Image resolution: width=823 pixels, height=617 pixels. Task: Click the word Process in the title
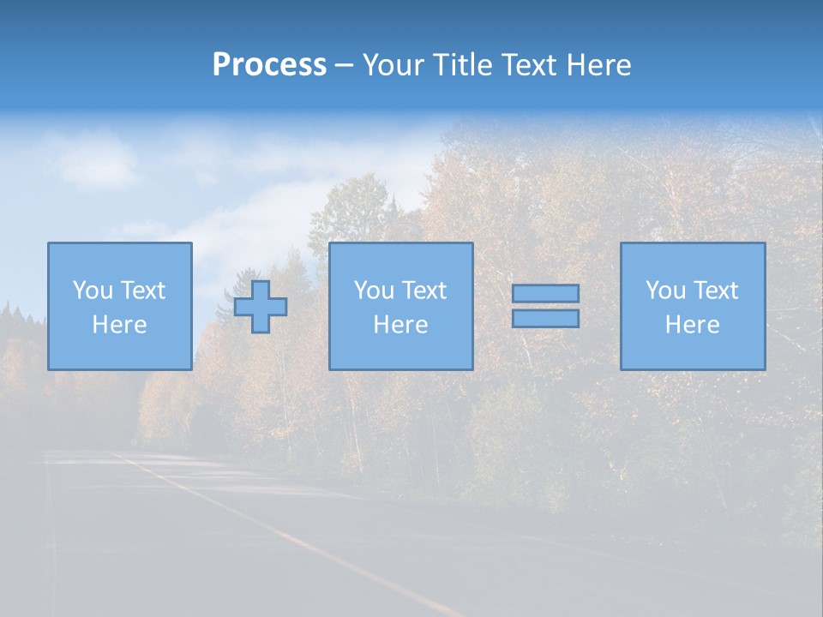pos(269,65)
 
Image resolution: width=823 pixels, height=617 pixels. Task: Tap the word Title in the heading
pos(466,65)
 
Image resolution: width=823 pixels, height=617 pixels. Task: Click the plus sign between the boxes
pos(261,307)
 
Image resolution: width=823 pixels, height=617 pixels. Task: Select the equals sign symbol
pos(545,306)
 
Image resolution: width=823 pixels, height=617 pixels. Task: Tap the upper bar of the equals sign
pos(545,293)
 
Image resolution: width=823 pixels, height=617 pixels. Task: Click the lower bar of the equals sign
pos(545,319)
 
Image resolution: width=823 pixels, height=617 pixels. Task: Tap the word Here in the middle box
pos(401,325)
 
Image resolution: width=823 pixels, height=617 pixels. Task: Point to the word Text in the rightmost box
pos(714,291)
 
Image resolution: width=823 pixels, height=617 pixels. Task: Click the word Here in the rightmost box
pos(693,325)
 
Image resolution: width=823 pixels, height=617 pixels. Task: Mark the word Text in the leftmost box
pos(141,291)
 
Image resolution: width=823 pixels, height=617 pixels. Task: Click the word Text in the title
pos(529,65)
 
